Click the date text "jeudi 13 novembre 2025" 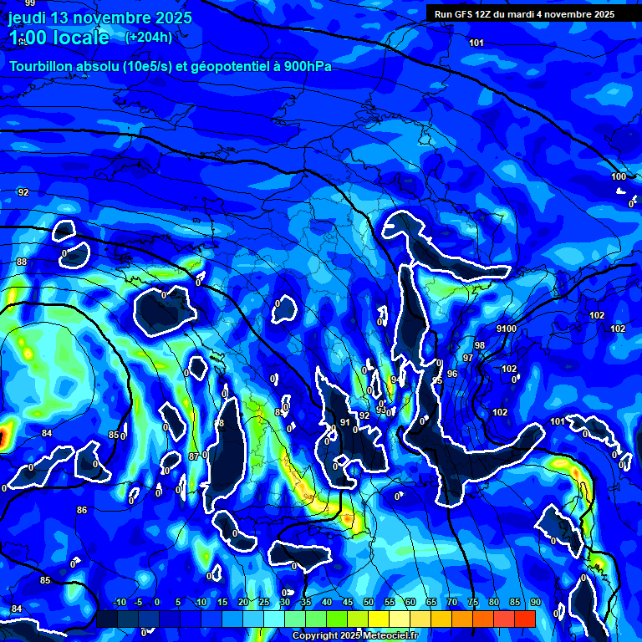tap(100, 18)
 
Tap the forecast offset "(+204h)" tap(149, 37)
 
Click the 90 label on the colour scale tap(535, 602)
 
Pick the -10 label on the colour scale tap(119, 602)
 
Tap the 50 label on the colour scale tap(369, 602)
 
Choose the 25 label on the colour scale tap(264, 602)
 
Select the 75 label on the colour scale tap(473, 602)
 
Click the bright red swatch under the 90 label tap(525, 619)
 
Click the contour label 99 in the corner tap(30, 4)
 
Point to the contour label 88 tap(22, 262)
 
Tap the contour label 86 tap(82, 510)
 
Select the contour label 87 tap(194, 456)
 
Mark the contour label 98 tap(479, 345)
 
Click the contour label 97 tap(468, 358)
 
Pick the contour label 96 tap(452, 374)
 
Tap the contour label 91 tap(344, 423)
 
